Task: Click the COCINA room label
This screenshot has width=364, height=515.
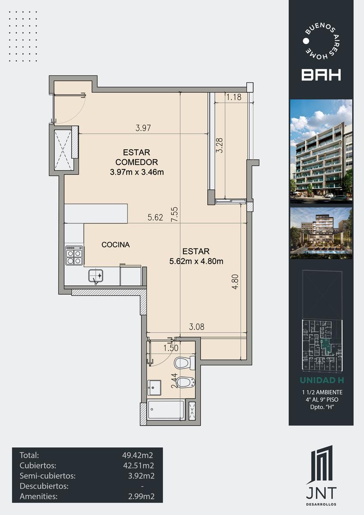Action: (115, 245)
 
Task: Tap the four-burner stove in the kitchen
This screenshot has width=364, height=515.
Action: (74, 255)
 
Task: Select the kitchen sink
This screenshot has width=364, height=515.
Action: (96, 276)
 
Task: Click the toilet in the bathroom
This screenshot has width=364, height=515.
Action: (185, 363)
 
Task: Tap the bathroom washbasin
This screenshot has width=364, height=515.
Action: (154, 388)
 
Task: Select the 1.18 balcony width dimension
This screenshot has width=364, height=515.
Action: (234, 97)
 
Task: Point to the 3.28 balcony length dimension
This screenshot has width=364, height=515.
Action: (219, 145)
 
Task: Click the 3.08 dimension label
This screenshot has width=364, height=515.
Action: (197, 327)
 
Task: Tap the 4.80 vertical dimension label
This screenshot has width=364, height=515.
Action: (235, 282)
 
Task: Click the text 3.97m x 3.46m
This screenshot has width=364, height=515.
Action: (137, 172)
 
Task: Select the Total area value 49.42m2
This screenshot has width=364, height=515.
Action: (137, 455)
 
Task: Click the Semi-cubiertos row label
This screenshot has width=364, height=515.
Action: (48, 476)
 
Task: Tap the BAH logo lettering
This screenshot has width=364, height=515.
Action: (321, 75)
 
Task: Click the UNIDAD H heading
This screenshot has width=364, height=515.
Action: (322, 380)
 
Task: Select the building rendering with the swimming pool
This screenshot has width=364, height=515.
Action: (321, 233)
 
